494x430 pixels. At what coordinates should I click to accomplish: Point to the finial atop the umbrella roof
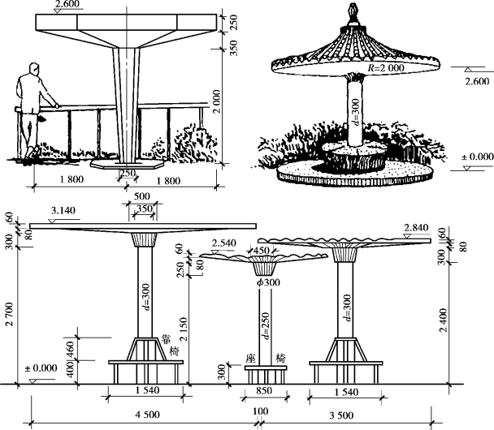point(353,11)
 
